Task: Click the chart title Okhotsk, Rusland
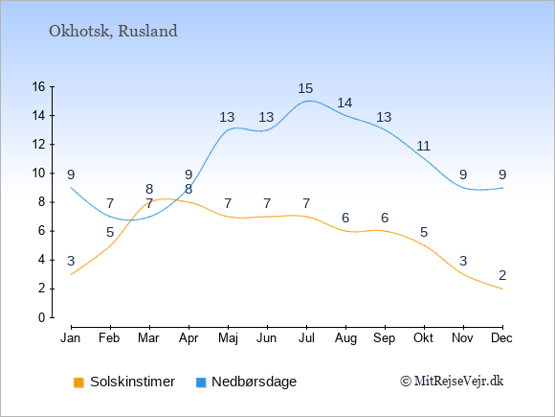(x=113, y=32)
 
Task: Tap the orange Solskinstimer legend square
(x=78, y=382)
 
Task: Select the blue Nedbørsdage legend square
(x=201, y=382)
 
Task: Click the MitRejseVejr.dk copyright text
(x=452, y=382)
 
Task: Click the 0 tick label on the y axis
(x=42, y=317)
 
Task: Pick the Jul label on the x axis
(x=306, y=338)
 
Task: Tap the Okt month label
(x=423, y=338)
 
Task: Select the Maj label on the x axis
(x=228, y=338)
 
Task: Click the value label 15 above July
(x=305, y=88)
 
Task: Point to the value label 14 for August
(x=344, y=103)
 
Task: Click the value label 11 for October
(x=423, y=146)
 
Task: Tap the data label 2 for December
(x=502, y=275)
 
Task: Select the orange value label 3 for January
(x=71, y=261)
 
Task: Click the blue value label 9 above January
(x=71, y=174)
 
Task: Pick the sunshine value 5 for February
(x=110, y=232)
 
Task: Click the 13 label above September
(x=384, y=117)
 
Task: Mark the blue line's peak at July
(x=309, y=101)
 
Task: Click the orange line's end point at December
(x=502, y=289)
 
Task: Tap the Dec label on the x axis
(x=501, y=338)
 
